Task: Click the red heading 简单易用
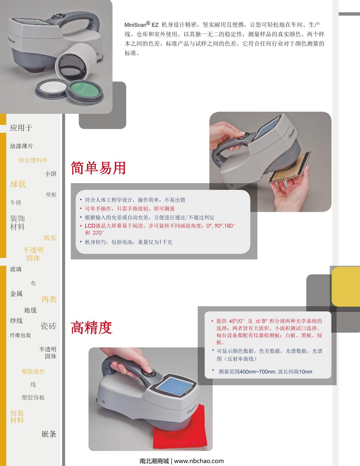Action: pyautogui.click(x=98, y=168)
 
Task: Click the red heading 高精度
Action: pyautogui.click(x=91, y=328)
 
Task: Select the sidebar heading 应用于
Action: pyautogui.click(x=21, y=128)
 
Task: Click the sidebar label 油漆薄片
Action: pyautogui.click(x=21, y=146)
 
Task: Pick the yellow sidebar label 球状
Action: pyautogui.click(x=18, y=184)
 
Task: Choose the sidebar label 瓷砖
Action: pyautogui.click(x=48, y=326)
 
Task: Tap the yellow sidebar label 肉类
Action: pyautogui.click(x=49, y=299)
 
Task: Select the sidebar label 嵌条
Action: pyautogui.click(x=49, y=434)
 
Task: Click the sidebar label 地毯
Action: pyautogui.click(x=30, y=310)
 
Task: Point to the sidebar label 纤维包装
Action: pyautogui.click(x=20, y=335)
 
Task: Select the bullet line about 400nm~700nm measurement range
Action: pyautogui.click(x=265, y=372)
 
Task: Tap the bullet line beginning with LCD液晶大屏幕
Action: pyautogui.click(x=160, y=229)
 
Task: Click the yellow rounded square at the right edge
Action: pyautogui.click(x=346, y=286)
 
